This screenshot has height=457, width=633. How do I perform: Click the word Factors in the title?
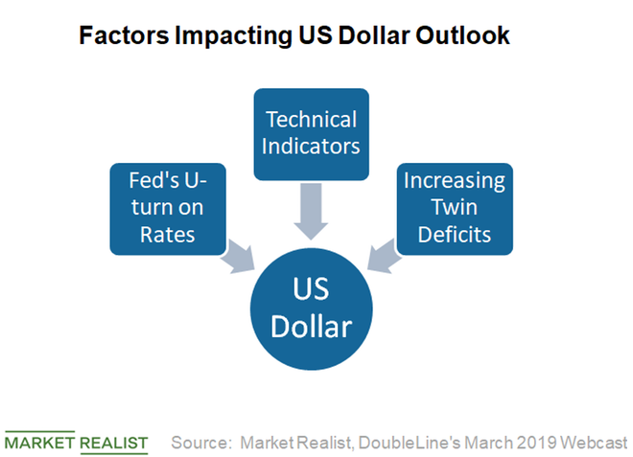pyautogui.click(x=124, y=35)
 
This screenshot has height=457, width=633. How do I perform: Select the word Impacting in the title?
pyautogui.click(x=234, y=36)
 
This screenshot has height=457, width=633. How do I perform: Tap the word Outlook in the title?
pyautogui.click(x=462, y=35)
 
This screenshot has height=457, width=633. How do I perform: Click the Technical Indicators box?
pyautogui.click(x=312, y=134)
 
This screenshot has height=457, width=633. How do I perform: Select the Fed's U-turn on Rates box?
pyautogui.click(x=168, y=209)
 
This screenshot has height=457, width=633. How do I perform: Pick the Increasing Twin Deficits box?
pyautogui.click(x=455, y=209)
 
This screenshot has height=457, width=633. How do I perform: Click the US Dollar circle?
pyautogui.click(x=312, y=308)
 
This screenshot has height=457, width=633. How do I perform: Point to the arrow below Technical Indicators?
pyautogui.click(x=311, y=212)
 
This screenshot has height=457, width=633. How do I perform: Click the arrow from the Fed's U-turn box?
pyautogui.click(x=239, y=257)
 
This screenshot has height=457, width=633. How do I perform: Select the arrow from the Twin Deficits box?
pyautogui.click(x=384, y=256)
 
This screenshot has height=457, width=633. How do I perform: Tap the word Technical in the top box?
pyautogui.click(x=312, y=120)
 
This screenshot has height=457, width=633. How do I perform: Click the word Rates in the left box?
pyautogui.click(x=168, y=235)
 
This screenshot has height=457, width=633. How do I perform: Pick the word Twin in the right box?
pyautogui.click(x=455, y=207)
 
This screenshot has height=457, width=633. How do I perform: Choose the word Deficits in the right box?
pyautogui.click(x=455, y=235)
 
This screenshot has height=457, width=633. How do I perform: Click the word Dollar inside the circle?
pyautogui.click(x=312, y=327)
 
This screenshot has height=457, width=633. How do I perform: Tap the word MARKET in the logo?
pyautogui.click(x=39, y=443)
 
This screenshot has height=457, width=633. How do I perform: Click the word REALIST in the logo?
pyautogui.click(x=114, y=443)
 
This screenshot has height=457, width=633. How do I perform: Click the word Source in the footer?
pyautogui.click(x=199, y=443)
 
